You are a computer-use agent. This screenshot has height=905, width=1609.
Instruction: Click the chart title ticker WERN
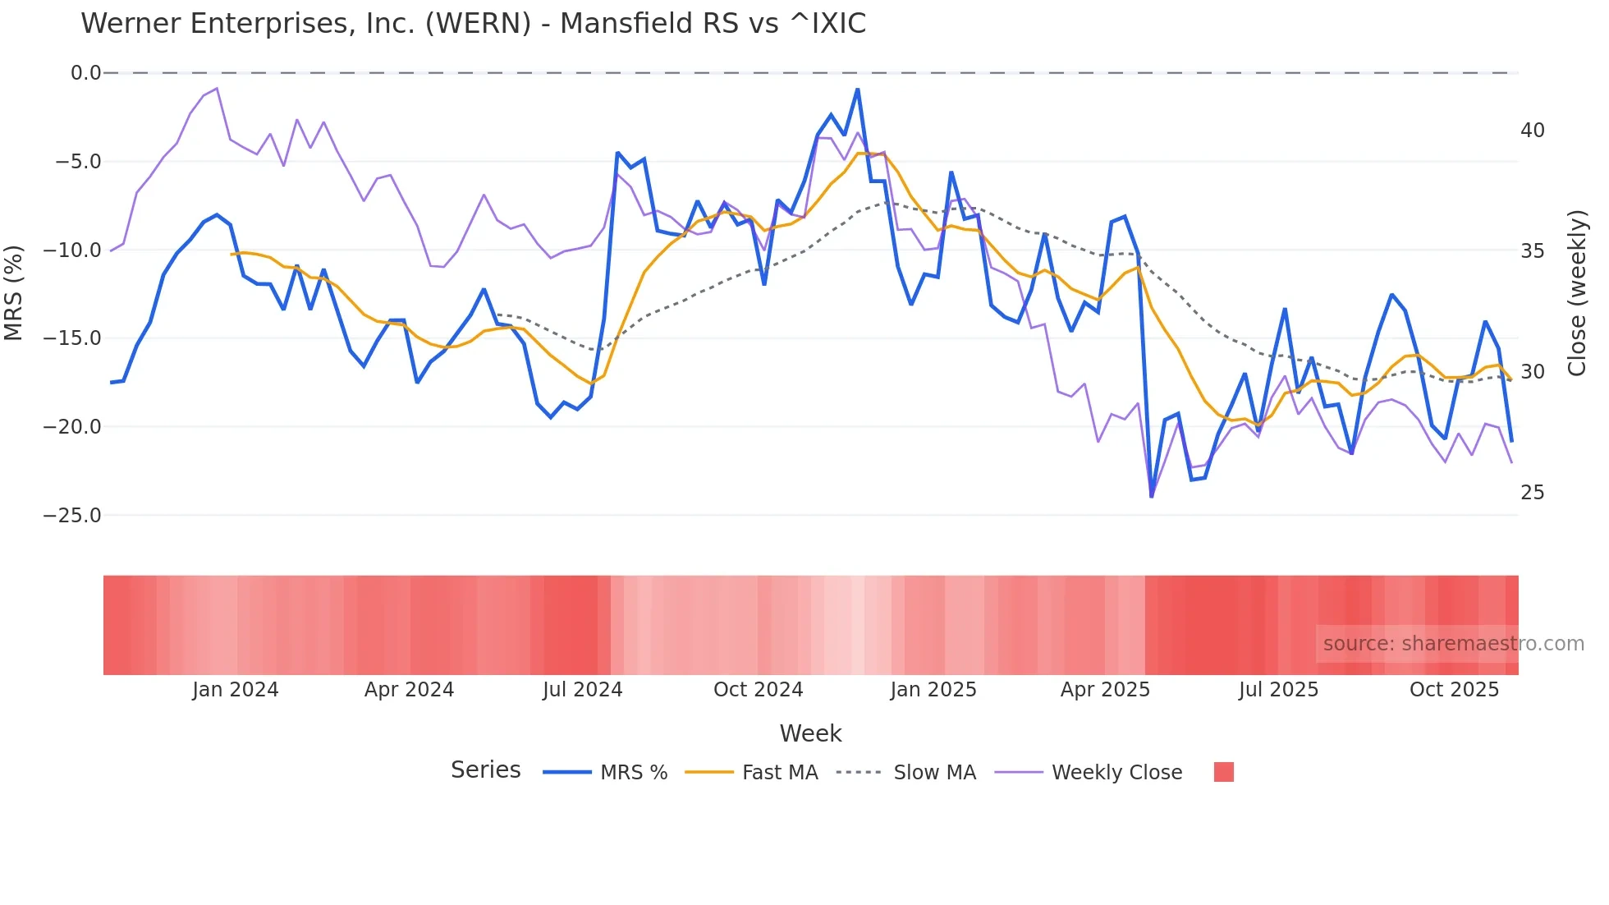click(x=479, y=24)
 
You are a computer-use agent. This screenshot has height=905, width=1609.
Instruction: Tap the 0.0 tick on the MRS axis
click(x=85, y=73)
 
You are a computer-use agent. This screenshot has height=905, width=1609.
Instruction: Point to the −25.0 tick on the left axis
click(x=72, y=516)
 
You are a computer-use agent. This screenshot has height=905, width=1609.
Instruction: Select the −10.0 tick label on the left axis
click(x=72, y=250)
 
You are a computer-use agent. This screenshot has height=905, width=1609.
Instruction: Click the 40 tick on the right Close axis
click(x=1532, y=131)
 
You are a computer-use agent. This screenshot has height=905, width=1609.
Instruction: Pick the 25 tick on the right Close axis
click(x=1532, y=493)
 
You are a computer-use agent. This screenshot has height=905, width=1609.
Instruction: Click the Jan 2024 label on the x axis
click(x=236, y=690)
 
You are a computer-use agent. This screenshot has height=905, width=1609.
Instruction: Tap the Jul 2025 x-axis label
click(x=1278, y=690)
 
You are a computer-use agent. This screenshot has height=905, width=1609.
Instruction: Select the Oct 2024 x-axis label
click(x=758, y=690)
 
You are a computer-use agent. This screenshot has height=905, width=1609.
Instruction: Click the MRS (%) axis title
click(x=14, y=293)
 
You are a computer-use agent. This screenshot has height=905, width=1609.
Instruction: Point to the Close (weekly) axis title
click(x=1577, y=293)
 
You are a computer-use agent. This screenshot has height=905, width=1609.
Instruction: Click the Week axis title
click(x=810, y=733)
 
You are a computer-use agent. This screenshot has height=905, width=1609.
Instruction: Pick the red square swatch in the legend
click(x=1223, y=772)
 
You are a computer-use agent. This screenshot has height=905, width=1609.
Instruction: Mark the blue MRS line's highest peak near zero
click(x=857, y=90)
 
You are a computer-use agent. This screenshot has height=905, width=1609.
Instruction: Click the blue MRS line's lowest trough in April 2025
click(x=1152, y=496)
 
